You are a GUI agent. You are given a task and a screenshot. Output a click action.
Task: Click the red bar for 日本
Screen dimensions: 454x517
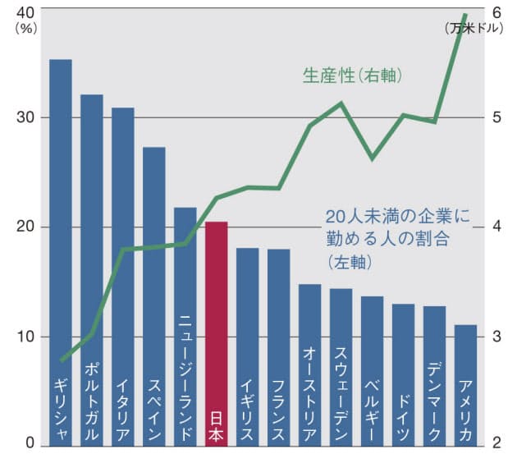(216, 328)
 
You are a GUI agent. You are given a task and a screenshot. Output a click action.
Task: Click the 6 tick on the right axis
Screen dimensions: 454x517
(496, 11)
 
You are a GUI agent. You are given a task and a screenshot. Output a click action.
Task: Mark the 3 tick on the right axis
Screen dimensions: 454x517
(496, 337)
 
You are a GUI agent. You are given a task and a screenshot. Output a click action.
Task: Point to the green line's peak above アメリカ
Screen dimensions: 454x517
(465, 15)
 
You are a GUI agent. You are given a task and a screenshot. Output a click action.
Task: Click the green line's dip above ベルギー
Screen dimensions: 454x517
(372, 158)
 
